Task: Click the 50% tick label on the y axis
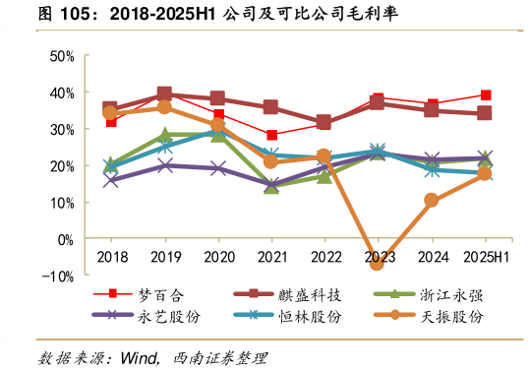pos(61,56)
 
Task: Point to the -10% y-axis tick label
pos(58,277)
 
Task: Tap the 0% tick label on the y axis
pos(64,239)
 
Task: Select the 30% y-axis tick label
pos(61,130)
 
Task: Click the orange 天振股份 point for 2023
pos(377,263)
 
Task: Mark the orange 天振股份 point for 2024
pos(431,201)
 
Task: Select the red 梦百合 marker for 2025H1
pos(485,95)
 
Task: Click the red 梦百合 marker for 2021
pos(271,136)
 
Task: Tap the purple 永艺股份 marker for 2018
pos(110,180)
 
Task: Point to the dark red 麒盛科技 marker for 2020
pos(217,98)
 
